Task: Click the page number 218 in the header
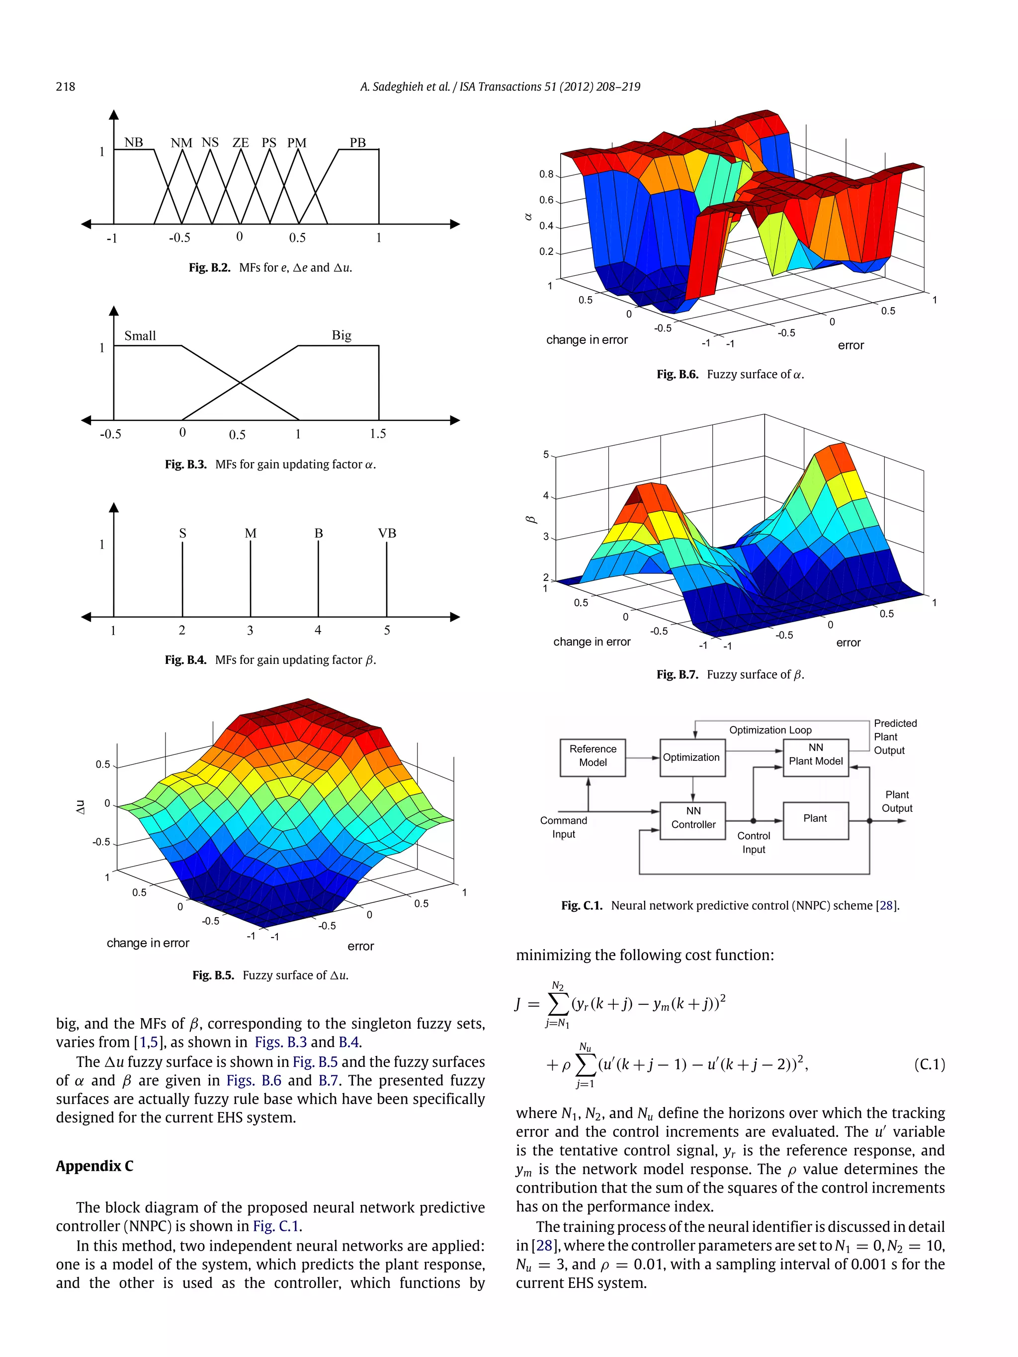[66, 86]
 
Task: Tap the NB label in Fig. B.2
[133, 142]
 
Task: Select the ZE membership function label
[241, 142]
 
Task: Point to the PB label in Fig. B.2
[358, 142]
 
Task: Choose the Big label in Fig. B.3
[342, 335]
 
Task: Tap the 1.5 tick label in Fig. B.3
[377, 434]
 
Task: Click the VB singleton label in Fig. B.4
[387, 533]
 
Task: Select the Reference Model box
[593, 757]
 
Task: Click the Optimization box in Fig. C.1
[692, 757]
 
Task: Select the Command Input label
[563, 827]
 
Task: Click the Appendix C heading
[94, 1166]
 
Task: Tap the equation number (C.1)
[929, 1064]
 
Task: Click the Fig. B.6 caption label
[677, 374]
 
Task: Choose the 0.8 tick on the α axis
[546, 174]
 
